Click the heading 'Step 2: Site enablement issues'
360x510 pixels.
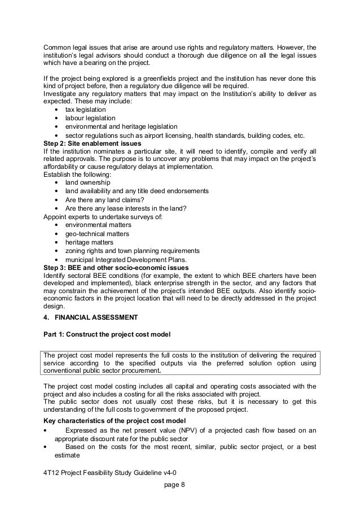coord(93,143)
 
